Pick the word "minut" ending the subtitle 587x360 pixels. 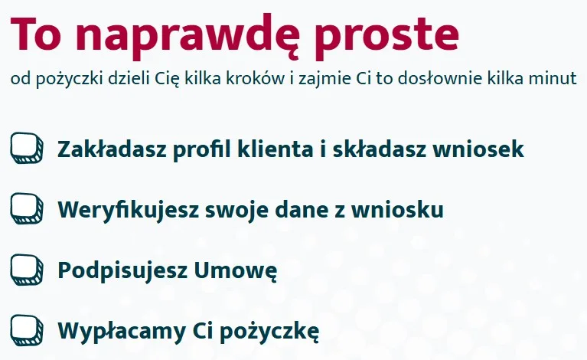coord(558,80)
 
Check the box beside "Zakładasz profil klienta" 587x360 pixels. coord(28,148)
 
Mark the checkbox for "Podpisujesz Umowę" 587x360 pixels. coord(28,270)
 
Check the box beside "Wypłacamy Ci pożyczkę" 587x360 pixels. coord(28,330)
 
